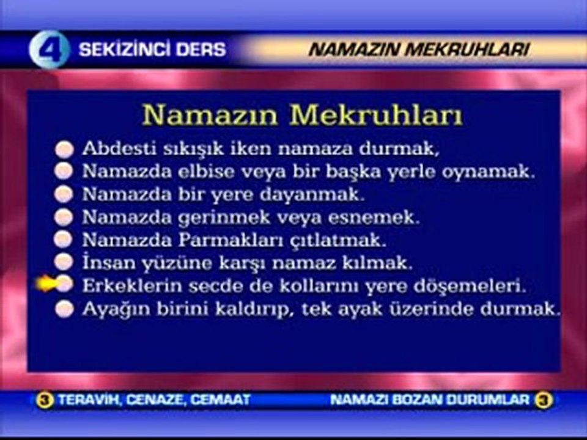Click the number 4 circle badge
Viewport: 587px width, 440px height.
point(49,50)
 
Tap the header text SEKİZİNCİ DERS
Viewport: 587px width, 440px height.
point(152,50)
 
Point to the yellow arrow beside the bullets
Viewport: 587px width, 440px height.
point(46,283)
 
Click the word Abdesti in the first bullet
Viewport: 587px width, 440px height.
point(109,148)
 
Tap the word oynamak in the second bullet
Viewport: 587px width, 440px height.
point(497,171)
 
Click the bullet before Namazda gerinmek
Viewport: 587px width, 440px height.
point(64,217)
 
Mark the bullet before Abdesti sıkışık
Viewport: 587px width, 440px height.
point(64,149)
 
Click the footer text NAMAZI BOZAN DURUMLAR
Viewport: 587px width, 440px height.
point(429,400)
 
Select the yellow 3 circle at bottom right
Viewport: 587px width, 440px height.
point(543,400)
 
